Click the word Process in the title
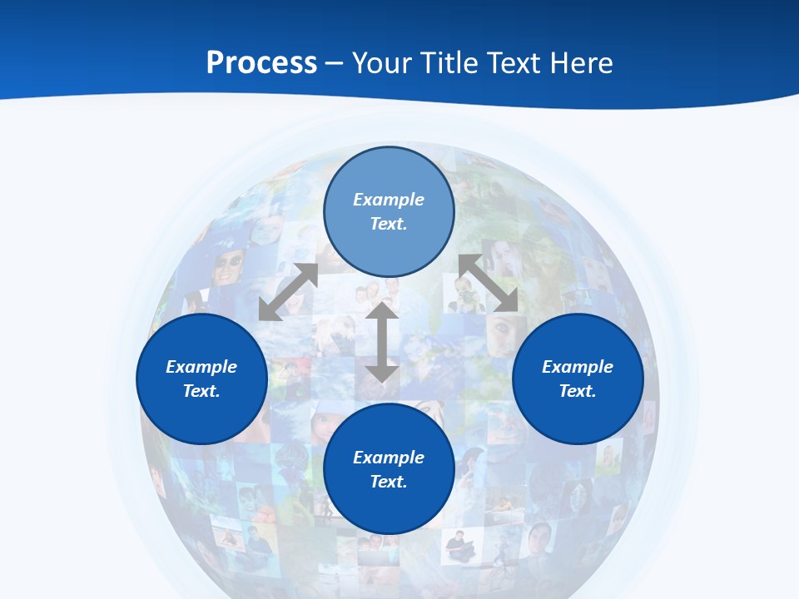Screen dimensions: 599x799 (x=261, y=63)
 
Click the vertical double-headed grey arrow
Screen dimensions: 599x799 (x=381, y=343)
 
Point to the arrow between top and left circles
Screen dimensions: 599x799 (x=288, y=292)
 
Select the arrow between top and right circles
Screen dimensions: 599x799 (x=489, y=283)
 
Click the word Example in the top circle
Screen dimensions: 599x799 (x=389, y=200)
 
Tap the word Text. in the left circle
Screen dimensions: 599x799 (x=201, y=391)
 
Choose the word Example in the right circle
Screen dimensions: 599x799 (x=578, y=367)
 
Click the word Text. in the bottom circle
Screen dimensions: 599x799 (x=389, y=482)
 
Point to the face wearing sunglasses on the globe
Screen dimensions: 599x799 (x=229, y=265)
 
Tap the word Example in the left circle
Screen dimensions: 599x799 (x=201, y=367)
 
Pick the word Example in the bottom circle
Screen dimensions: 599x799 (x=389, y=458)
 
